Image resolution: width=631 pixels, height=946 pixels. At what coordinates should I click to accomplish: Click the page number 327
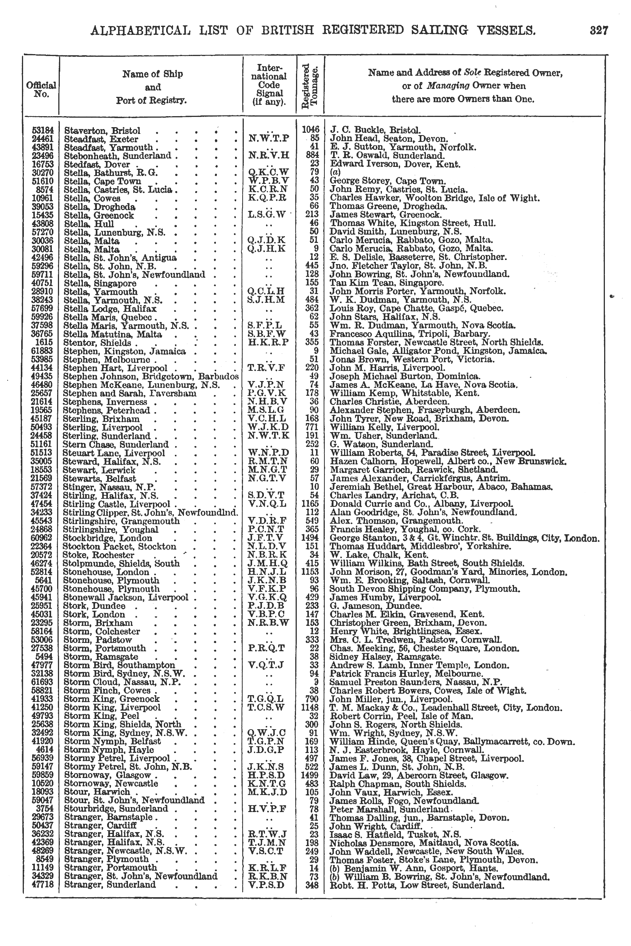point(599,30)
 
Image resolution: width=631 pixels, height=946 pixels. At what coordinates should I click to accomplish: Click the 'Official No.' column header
point(41,89)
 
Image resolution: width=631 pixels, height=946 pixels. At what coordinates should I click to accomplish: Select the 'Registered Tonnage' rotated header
point(310,87)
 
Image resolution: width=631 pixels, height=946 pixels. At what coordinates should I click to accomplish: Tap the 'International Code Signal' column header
point(269,85)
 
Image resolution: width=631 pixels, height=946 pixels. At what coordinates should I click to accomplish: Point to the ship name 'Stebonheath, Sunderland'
point(117,156)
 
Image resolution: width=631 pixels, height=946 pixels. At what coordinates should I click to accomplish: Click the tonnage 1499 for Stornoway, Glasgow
point(310,775)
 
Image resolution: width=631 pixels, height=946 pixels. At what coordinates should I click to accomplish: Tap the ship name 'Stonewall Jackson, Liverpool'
point(126,597)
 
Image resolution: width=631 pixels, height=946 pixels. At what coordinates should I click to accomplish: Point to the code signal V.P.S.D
point(266,885)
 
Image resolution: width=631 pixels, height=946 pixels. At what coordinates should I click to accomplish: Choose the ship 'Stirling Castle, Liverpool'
point(117,504)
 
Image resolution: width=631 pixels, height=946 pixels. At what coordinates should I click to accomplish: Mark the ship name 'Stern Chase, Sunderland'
point(116,445)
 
